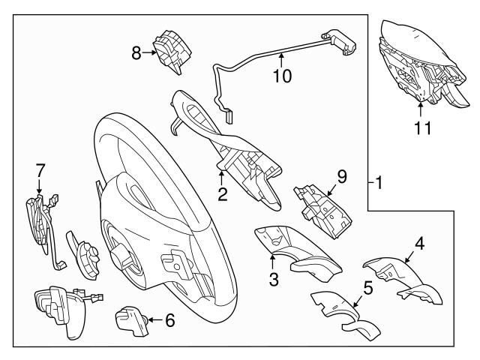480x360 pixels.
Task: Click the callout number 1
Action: pos(380,181)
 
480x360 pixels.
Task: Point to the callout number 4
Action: pos(420,243)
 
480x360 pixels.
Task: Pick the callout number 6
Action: pos(169,321)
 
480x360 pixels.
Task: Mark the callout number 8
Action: pos(136,52)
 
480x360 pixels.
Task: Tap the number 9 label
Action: pos(341,178)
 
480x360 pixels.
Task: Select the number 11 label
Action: pos(423,127)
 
